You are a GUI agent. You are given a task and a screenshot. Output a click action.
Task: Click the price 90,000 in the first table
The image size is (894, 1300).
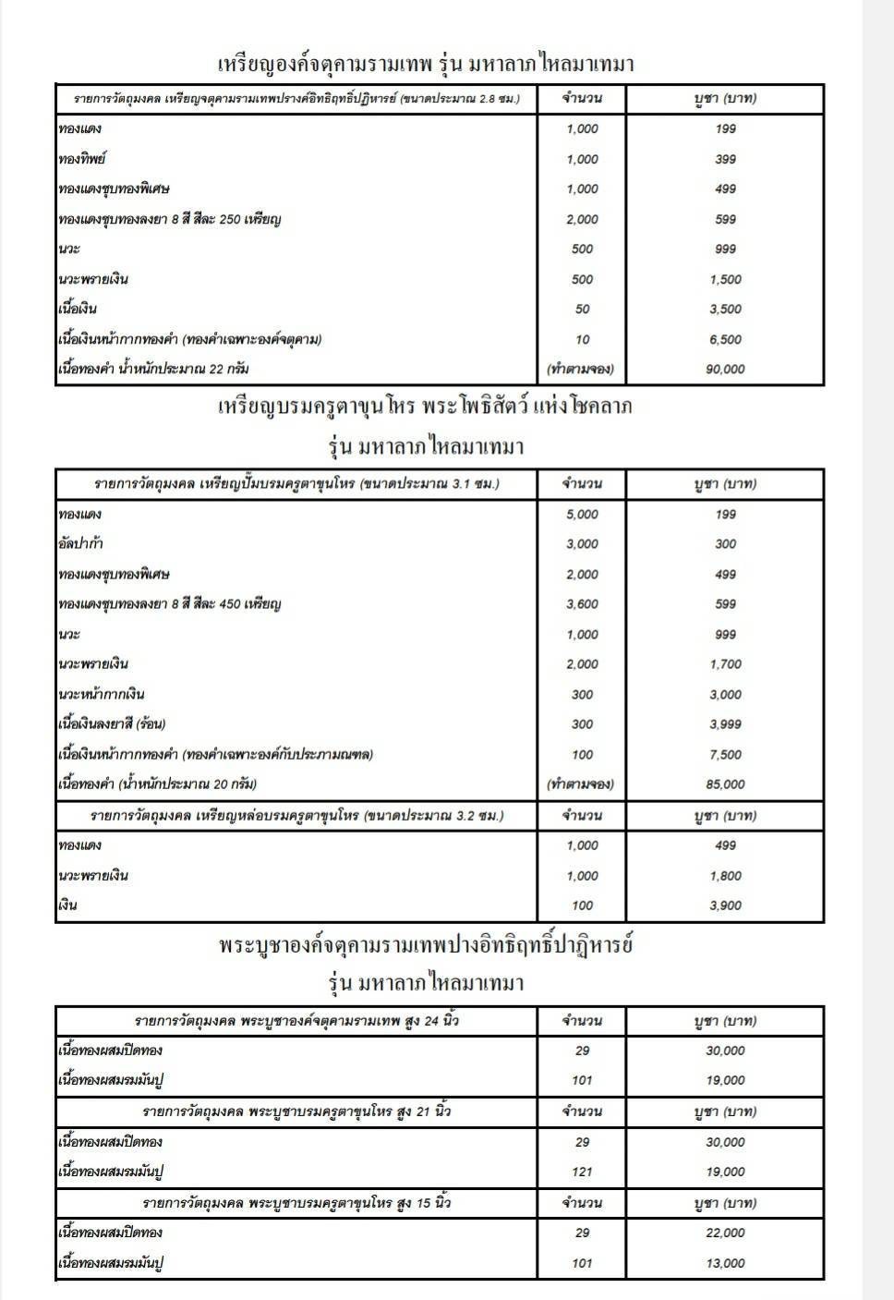(x=726, y=370)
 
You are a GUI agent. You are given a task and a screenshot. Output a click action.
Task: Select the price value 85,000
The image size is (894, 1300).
(x=726, y=784)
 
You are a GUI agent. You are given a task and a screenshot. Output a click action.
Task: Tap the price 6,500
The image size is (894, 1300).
(x=726, y=339)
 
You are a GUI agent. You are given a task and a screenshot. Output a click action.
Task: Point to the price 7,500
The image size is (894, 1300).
(x=726, y=755)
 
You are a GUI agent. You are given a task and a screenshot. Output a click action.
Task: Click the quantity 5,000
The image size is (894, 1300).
(x=582, y=515)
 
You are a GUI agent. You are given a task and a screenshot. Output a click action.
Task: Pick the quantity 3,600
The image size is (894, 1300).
(x=582, y=604)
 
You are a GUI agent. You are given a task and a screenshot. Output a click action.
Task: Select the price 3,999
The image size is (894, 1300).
(x=726, y=724)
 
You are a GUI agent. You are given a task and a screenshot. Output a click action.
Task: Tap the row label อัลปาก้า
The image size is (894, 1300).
(x=80, y=544)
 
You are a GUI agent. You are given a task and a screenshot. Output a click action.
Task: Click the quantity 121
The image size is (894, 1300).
(x=582, y=1172)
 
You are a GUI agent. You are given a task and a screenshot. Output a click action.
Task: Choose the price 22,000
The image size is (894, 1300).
(x=726, y=1233)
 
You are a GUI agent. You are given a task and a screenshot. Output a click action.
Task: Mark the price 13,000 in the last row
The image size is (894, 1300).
(x=726, y=1263)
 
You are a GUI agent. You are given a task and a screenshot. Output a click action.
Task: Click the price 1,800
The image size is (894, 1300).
(x=726, y=876)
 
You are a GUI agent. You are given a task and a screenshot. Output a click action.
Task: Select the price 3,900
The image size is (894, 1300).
(x=726, y=905)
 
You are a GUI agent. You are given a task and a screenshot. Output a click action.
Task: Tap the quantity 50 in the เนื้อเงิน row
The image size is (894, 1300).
(x=582, y=310)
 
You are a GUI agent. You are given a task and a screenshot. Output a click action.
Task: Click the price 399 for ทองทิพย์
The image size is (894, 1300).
(x=726, y=159)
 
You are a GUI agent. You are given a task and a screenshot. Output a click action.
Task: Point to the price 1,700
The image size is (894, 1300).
(x=726, y=664)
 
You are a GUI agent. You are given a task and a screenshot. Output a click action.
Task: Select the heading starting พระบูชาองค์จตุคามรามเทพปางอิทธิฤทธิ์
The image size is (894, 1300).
(x=426, y=945)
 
